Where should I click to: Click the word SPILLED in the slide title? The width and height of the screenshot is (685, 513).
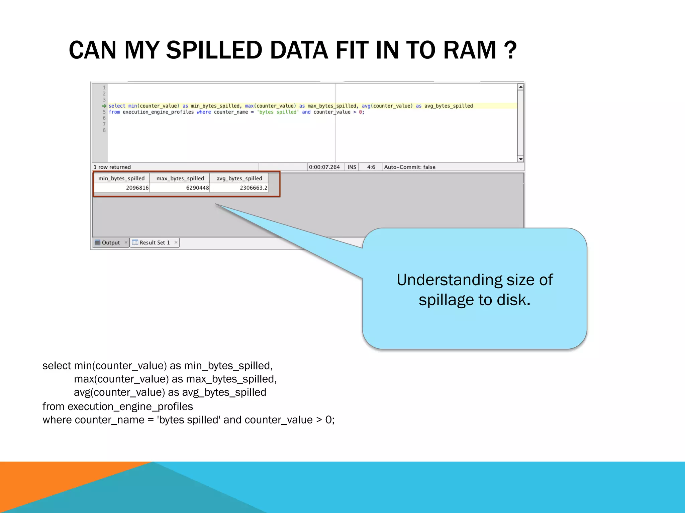[214, 50]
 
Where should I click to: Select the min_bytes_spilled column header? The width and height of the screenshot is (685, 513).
[121, 178]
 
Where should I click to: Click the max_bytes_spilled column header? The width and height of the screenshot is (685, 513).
[180, 178]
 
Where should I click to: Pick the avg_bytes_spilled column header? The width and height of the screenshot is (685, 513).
[239, 178]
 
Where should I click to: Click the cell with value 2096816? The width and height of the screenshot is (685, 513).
[137, 188]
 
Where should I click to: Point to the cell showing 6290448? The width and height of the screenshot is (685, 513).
[197, 188]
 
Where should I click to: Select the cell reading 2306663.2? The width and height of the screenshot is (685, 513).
[253, 188]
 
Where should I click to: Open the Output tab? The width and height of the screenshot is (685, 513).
[110, 242]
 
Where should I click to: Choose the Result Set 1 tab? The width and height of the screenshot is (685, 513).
[154, 242]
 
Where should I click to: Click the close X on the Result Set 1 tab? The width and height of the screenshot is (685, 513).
[176, 242]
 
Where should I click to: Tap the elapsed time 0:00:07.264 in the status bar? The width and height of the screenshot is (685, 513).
[324, 167]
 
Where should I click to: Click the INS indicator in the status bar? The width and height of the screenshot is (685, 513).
[352, 167]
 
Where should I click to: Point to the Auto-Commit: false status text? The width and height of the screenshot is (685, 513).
[410, 167]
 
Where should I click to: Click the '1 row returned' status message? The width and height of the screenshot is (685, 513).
[112, 167]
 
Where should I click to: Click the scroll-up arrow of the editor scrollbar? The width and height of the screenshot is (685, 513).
[520, 87]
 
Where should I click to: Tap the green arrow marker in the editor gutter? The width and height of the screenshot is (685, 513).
[104, 106]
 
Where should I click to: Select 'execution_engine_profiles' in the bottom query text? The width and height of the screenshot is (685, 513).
[130, 406]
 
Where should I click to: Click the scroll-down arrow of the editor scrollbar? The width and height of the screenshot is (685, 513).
[520, 159]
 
